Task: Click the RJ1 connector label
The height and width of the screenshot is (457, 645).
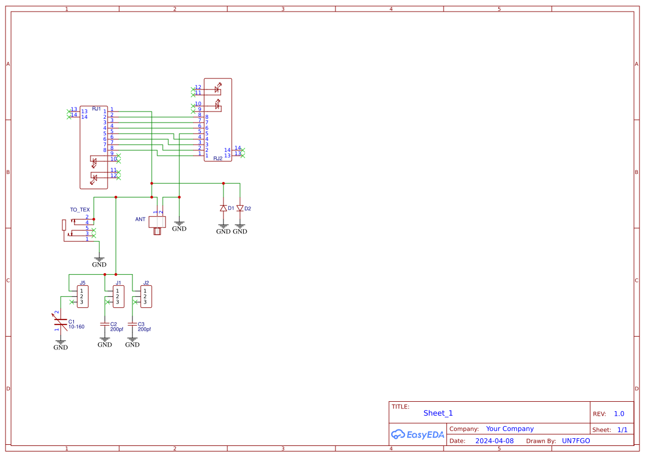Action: pyautogui.click(x=97, y=109)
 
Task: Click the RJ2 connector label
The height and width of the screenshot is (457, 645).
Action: pyautogui.click(x=217, y=158)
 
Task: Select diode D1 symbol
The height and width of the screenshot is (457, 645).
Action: pyautogui.click(x=223, y=209)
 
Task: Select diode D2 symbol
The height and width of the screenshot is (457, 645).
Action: pyautogui.click(x=239, y=209)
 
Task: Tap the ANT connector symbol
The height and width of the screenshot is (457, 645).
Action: pyautogui.click(x=158, y=223)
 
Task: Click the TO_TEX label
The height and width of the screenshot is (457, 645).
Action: pyautogui.click(x=79, y=210)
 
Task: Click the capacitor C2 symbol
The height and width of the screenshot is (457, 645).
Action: pyautogui.click(x=105, y=324)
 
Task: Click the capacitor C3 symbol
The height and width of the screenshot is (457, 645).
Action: pyautogui.click(x=132, y=324)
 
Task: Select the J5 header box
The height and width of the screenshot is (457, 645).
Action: pyautogui.click(x=82, y=296)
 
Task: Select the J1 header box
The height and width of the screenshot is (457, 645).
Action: pyautogui.click(x=118, y=296)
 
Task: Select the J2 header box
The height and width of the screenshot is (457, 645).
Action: pyautogui.click(x=146, y=296)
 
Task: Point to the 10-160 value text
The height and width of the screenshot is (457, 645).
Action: pyautogui.click(x=76, y=327)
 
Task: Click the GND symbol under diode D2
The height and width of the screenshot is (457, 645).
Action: pyautogui.click(x=239, y=228)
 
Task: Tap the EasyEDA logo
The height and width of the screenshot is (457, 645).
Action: pyautogui.click(x=418, y=434)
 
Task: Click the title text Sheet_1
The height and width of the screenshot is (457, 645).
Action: pyautogui.click(x=438, y=413)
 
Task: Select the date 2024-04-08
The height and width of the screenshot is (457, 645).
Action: pyautogui.click(x=494, y=441)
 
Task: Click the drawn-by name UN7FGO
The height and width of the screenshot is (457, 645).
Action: pyautogui.click(x=575, y=441)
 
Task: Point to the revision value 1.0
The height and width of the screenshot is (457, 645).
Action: pyautogui.click(x=619, y=413)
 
